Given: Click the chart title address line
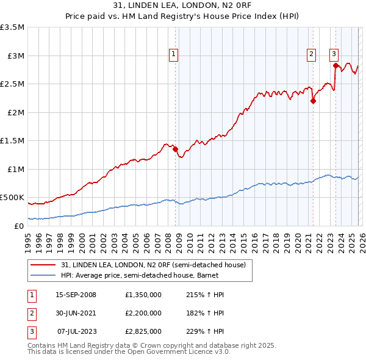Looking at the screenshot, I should coord(182,6).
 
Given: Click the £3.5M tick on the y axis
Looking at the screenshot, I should coord(12,27).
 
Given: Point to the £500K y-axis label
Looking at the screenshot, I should coord(12,198).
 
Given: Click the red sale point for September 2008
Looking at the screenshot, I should coord(175,149).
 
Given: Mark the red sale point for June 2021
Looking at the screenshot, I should coord(313,101).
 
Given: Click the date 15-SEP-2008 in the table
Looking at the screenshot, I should coord(77,295).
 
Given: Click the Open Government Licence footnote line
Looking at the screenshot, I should coord(129,352).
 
